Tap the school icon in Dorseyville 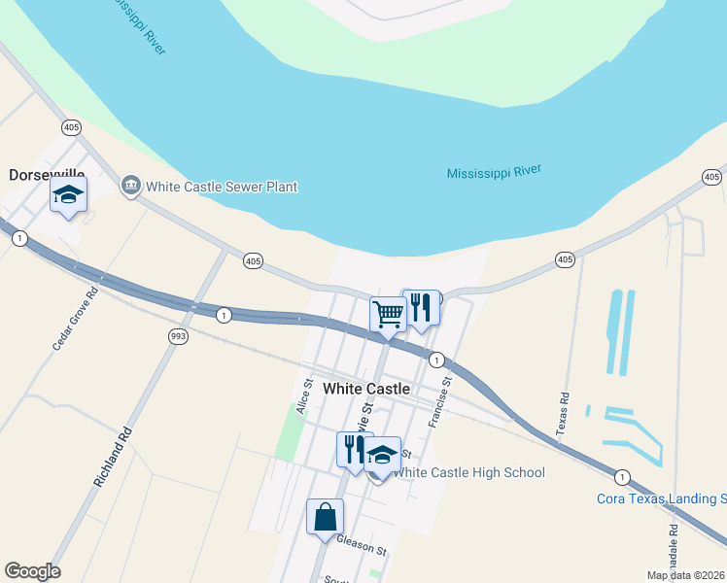[x=68, y=195]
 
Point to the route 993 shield [x=177, y=336]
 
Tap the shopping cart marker [x=388, y=313]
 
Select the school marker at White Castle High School [x=382, y=455]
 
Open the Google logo [x=32, y=571]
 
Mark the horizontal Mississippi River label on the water [x=493, y=173]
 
